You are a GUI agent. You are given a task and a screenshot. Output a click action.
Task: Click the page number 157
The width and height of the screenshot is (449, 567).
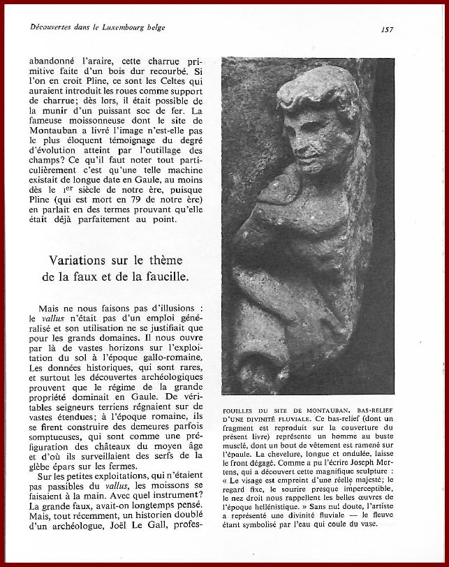tap(388, 29)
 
